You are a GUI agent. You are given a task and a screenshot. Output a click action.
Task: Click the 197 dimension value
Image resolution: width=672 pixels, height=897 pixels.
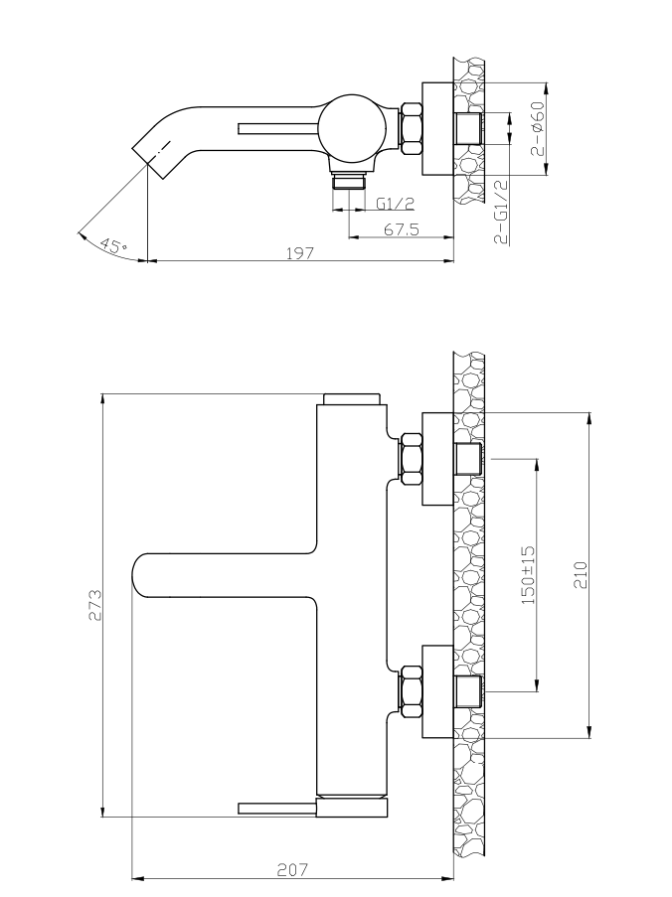click(x=299, y=253)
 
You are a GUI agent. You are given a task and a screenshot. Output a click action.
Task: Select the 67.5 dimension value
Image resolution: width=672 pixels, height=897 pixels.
click(x=401, y=229)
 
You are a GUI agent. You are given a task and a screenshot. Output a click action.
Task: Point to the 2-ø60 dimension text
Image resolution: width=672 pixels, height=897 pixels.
click(x=537, y=128)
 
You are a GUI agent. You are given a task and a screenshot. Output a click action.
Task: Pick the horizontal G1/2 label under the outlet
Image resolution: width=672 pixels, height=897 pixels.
click(x=395, y=204)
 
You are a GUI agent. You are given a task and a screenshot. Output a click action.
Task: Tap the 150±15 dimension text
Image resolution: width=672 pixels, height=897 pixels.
click(x=528, y=574)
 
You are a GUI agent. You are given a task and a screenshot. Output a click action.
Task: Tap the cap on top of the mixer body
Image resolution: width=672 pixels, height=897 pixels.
click(x=351, y=399)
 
